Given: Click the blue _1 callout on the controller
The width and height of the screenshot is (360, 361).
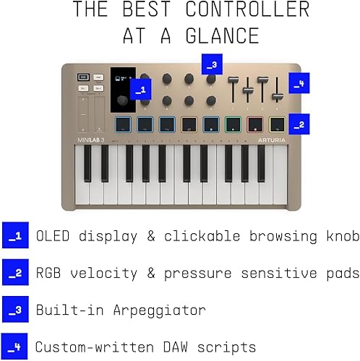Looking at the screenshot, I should pos(142,90).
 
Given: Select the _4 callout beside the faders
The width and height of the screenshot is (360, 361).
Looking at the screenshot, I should pos(299,82).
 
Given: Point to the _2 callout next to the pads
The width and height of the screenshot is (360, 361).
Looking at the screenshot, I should pos(299,124).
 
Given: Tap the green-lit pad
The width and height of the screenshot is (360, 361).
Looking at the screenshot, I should pos(233,123).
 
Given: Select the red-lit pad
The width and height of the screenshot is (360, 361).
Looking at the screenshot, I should pos(255,123).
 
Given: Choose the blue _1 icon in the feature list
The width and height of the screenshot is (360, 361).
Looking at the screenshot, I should pos(14,235).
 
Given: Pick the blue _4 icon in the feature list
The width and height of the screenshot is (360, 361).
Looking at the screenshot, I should pos(14,346).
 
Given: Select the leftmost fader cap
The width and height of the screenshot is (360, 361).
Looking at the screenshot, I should pos(233,80).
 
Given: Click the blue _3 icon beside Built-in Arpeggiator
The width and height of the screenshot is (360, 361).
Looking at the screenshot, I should pos(14,309).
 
